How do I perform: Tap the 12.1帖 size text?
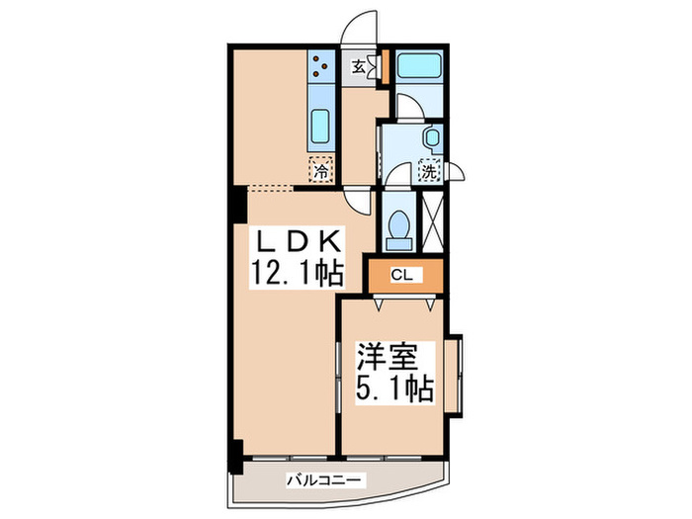[x=294, y=274]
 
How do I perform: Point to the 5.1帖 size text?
[x=393, y=388]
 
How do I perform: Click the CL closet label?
[x=401, y=275]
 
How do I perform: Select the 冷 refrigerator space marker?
[x=320, y=170]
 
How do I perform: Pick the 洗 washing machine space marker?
[x=430, y=170]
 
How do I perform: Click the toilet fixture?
[x=399, y=225]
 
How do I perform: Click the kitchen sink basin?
[x=320, y=128]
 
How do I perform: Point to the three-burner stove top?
[x=320, y=66]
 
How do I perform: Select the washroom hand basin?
[x=432, y=137]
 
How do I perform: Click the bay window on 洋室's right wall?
[x=458, y=375]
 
